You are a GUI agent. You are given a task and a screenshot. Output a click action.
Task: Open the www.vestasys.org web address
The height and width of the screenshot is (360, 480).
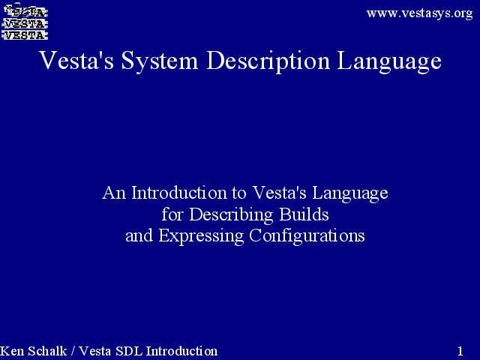pos(419,13)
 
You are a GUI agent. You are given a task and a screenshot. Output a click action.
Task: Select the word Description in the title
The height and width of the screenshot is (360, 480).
pos(266,60)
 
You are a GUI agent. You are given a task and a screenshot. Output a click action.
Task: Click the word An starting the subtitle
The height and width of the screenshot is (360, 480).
pos(113,193)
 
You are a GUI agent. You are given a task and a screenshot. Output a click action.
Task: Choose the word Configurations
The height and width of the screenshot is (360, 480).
pos(306,236)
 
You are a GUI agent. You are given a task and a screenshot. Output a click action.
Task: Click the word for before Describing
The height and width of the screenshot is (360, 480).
pos(172,214)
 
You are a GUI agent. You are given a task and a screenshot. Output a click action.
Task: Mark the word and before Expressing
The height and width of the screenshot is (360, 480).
pos(138,235)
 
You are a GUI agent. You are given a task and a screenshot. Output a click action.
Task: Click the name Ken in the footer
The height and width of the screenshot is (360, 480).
pos(12,351)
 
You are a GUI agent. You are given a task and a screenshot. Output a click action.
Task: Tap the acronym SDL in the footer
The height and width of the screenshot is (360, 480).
pos(129,351)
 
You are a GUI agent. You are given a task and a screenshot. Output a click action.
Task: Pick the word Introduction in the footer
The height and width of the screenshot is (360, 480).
pos(182,351)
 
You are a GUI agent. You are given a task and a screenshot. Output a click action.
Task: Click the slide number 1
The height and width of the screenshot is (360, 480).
pos(460,351)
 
